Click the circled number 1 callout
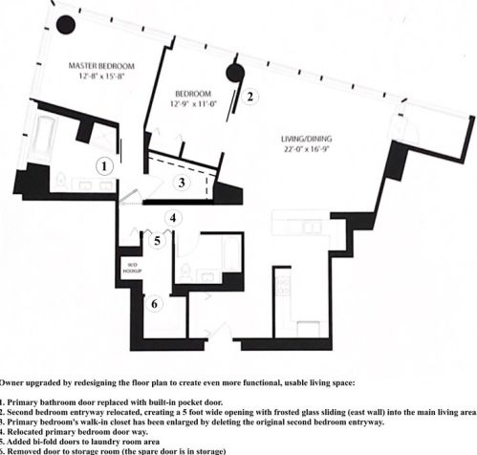(x=107, y=165)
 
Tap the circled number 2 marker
(x=249, y=96)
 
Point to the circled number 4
(x=172, y=218)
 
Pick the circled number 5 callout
(x=158, y=240)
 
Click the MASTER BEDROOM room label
(x=101, y=66)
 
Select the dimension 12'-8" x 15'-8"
(x=101, y=77)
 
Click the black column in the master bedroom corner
(x=68, y=25)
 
